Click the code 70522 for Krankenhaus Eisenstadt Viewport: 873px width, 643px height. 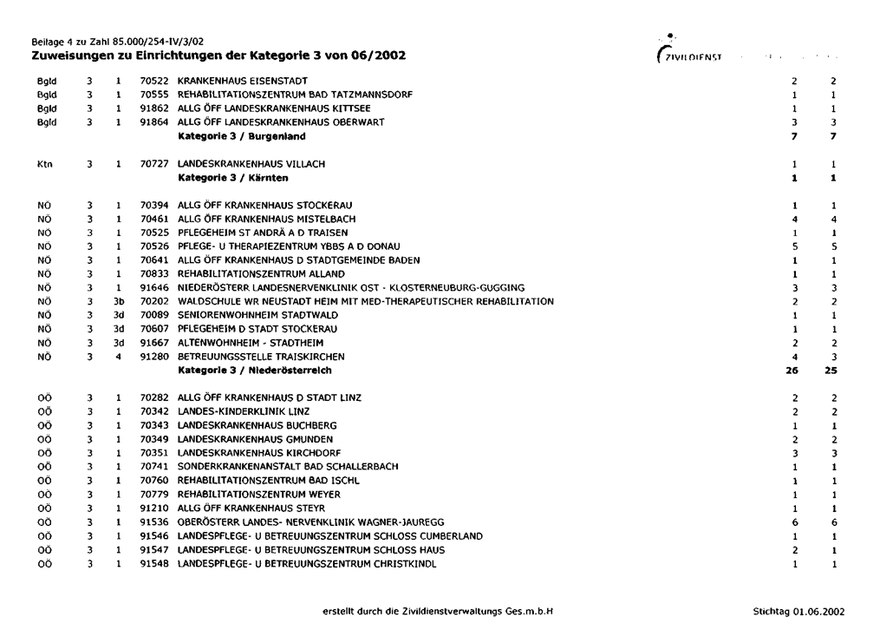(154, 81)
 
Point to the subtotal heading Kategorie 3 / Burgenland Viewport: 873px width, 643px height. (241, 136)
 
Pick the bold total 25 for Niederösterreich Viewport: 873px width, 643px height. (831, 371)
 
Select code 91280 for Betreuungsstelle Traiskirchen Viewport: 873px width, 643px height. (154, 357)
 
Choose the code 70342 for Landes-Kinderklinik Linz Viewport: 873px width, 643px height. (154, 411)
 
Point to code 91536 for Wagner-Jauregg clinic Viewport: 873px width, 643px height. (154, 522)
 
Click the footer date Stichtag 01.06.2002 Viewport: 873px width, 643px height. (798, 611)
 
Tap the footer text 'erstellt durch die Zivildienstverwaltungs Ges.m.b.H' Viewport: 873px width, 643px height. (437, 611)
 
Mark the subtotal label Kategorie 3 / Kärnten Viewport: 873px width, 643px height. (233, 178)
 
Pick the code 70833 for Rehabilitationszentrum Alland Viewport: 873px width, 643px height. (154, 273)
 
